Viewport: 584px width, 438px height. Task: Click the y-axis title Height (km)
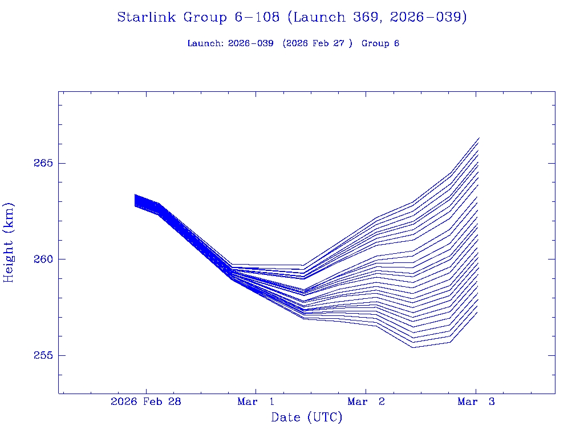click(x=9, y=242)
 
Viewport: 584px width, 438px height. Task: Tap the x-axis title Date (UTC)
click(x=307, y=417)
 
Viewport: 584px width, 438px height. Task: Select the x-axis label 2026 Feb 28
click(x=146, y=401)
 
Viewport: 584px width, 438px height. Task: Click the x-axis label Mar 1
click(x=256, y=401)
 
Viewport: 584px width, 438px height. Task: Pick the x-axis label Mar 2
click(x=366, y=401)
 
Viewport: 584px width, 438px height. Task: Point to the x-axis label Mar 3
click(x=476, y=401)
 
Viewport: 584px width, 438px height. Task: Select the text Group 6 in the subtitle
click(x=380, y=43)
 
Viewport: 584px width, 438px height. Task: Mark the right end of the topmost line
click(x=479, y=138)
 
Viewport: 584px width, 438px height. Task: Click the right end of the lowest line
click(x=477, y=312)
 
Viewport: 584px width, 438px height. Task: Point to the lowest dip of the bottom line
click(x=412, y=347)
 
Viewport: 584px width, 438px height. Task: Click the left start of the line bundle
click(x=135, y=200)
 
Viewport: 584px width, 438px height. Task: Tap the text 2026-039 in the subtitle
click(x=250, y=43)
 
